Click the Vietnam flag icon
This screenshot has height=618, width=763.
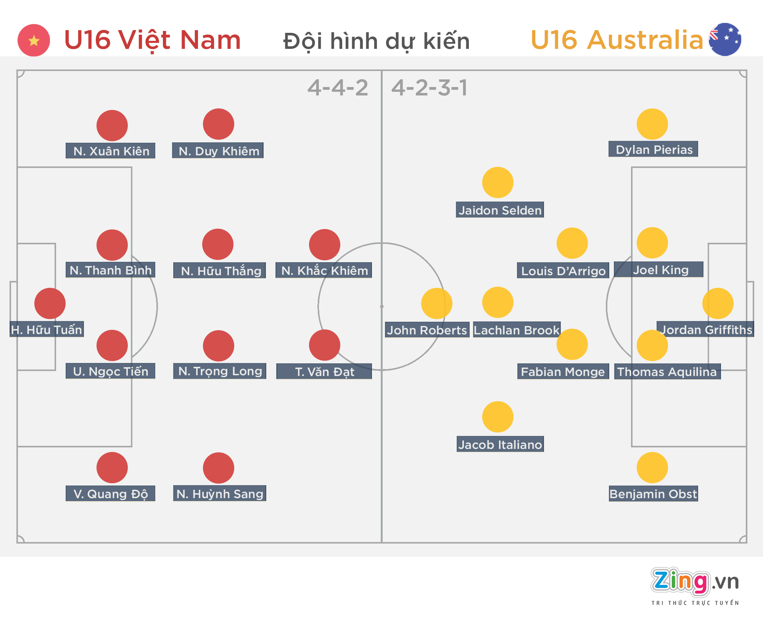(x=34, y=40)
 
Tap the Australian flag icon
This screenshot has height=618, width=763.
(x=725, y=39)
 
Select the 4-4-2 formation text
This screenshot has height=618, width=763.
(x=338, y=88)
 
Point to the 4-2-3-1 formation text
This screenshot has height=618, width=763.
(x=429, y=88)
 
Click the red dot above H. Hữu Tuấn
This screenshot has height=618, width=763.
(x=50, y=303)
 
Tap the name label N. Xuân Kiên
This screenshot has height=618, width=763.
(x=111, y=151)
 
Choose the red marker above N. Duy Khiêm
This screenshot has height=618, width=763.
(x=219, y=124)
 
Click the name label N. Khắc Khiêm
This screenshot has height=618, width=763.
(x=324, y=270)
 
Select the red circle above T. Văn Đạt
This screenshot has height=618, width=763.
(x=325, y=345)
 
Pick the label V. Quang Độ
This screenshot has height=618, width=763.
(x=111, y=494)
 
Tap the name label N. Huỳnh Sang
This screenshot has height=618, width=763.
(x=220, y=494)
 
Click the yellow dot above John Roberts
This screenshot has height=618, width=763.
(x=436, y=303)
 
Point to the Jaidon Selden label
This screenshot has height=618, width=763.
(x=500, y=210)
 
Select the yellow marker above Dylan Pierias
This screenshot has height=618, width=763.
(x=652, y=124)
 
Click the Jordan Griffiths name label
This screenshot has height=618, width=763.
(x=706, y=329)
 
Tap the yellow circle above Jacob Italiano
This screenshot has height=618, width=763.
(x=498, y=417)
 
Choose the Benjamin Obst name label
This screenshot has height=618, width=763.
(x=653, y=494)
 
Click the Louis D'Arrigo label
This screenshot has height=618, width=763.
(x=563, y=271)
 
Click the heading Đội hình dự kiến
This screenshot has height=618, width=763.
(x=376, y=41)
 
